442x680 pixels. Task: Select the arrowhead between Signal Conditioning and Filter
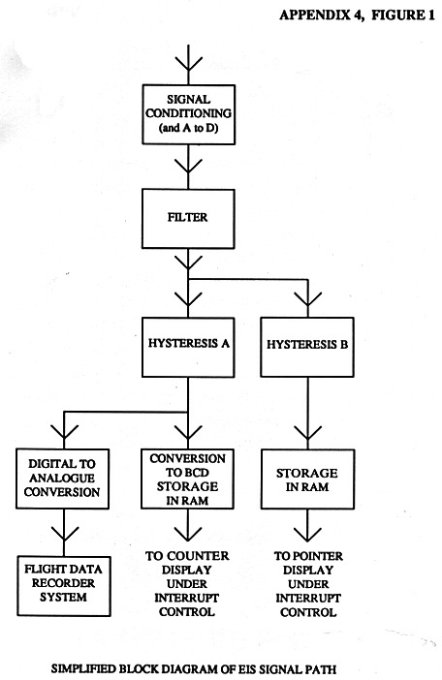[188, 167]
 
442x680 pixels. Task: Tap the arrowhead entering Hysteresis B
[307, 299]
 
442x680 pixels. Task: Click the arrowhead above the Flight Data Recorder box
[64, 534]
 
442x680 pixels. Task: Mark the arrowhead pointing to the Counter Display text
[188, 534]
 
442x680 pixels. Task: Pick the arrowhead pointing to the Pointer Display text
[307, 534]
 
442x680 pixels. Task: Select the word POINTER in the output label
[314, 556]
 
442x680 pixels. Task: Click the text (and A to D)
[189, 129]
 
